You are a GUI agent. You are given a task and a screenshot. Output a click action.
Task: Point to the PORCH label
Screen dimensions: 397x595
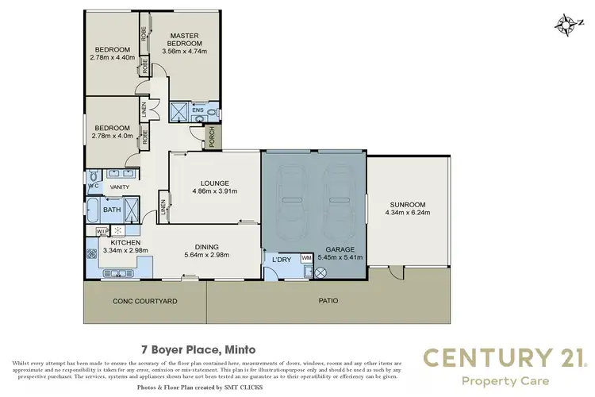[x=212, y=138]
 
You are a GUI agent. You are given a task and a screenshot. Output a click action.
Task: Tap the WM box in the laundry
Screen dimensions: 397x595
[x=306, y=259]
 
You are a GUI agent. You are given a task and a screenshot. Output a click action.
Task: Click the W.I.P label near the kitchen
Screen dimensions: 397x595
[x=102, y=231]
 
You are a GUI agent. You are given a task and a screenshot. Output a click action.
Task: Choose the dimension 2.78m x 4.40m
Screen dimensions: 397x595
[x=109, y=56]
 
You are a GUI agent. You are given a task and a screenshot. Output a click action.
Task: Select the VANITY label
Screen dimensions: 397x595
[x=119, y=187]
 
